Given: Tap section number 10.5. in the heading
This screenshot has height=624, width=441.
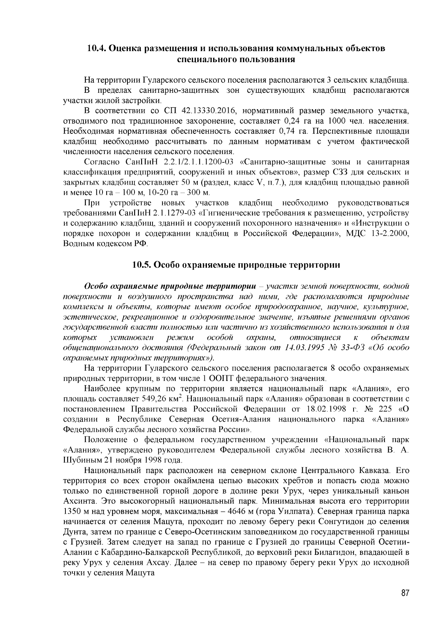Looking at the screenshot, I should coord(142,265).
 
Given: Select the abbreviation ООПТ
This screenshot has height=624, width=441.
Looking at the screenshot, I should coord(221,378).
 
